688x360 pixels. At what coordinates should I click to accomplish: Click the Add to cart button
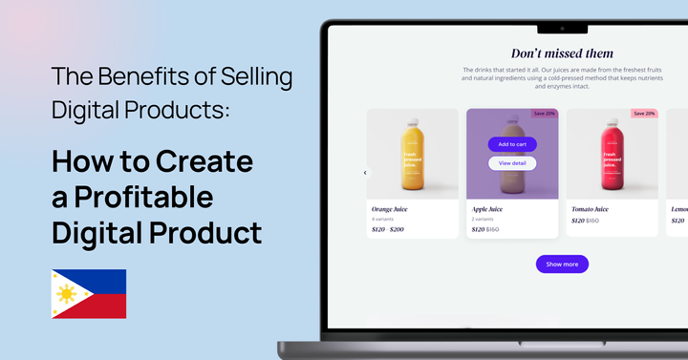pos(512,144)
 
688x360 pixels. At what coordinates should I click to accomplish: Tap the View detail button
pos(512,163)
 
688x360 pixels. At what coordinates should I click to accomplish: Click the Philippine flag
pos(89,293)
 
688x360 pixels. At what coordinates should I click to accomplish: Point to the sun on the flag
pos(66,294)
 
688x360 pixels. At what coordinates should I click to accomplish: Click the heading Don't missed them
pos(562,53)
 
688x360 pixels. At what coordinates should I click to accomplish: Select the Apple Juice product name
pos(487,208)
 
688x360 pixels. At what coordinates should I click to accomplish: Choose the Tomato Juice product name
pos(590,208)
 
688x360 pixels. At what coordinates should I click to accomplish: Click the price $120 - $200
pos(388,230)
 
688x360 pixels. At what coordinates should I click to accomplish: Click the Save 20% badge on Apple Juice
pos(545,114)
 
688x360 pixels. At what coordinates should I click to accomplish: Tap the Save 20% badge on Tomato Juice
pos(644,114)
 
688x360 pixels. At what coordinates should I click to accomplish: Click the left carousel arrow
pos(365,173)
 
